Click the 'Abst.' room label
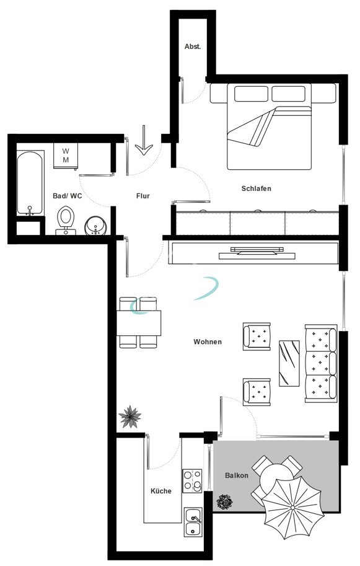coord(193,46)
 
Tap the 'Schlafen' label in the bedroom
coord(257,188)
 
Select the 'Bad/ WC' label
coord(67,196)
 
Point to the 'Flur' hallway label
coord(143,196)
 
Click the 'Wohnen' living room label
coord(208,342)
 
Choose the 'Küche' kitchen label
coord(161,491)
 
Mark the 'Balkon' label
coord(237,475)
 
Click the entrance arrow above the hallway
coord(144,141)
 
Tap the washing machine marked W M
coord(66,156)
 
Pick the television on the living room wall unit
coord(257,251)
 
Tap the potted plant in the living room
coord(130,416)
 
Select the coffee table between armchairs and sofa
coord(289,363)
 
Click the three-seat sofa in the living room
coord(321,363)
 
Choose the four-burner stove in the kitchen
coord(192,481)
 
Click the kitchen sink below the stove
coord(193,522)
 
